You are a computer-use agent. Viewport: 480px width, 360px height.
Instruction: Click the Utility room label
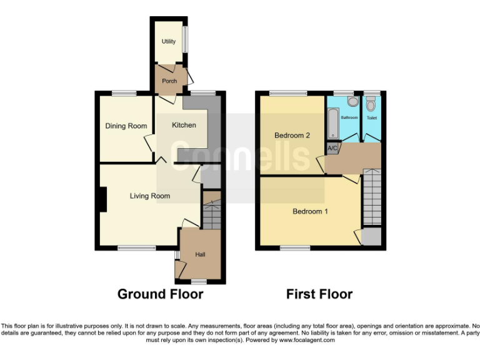168,42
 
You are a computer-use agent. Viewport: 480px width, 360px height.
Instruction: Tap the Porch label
169,81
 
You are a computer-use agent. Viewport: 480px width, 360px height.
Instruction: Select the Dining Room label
126,126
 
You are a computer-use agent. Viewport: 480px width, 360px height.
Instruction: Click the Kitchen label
184,125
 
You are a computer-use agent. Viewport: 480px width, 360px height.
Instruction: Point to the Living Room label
150,196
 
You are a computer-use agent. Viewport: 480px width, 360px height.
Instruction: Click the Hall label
200,254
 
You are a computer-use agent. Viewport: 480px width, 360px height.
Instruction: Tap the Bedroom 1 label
311,211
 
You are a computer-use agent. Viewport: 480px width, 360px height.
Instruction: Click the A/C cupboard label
332,148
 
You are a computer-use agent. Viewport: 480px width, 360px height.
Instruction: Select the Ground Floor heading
161,294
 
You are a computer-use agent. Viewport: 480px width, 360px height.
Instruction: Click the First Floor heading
319,294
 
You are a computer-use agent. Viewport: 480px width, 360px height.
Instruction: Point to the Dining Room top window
124,94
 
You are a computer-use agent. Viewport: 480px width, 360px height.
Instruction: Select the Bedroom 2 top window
288,94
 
